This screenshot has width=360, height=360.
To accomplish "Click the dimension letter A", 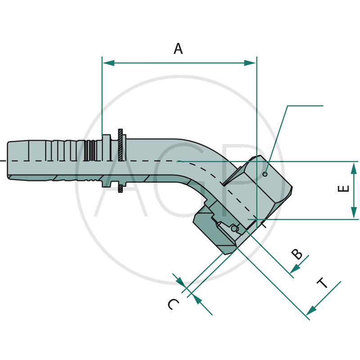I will pos(179,48).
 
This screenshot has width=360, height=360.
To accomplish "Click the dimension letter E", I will pos(343,189).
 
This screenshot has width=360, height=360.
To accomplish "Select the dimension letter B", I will pos(297,254).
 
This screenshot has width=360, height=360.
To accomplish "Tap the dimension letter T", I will pos(322,283).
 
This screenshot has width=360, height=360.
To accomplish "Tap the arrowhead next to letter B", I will pos(294,269).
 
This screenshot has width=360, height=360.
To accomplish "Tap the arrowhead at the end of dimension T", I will pos(310,311).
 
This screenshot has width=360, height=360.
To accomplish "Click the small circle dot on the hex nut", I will pos(265,174).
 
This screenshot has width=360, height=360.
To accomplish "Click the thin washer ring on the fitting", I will pos(121,161).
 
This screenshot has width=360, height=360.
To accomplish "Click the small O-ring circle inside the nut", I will pos(233,229).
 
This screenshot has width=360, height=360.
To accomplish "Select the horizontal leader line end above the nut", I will pos(322,106).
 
